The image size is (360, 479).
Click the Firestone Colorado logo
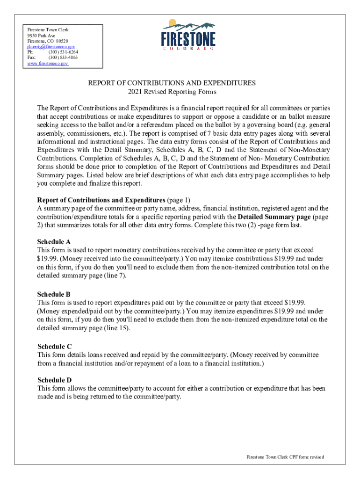click(x=188, y=35)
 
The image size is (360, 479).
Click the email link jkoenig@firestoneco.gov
click(x=51, y=47)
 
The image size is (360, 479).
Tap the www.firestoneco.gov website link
click(x=48, y=63)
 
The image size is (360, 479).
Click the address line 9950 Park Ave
click(x=41, y=36)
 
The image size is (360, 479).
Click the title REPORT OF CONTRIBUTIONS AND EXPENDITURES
click(x=172, y=83)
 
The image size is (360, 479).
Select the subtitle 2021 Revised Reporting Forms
click(x=172, y=91)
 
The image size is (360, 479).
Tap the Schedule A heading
click(x=54, y=242)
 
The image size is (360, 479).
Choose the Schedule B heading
click(x=54, y=294)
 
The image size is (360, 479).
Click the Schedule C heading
click(x=54, y=347)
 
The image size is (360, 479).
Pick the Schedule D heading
click(x=54, y=380)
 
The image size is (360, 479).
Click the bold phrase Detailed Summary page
click(x=274, y=217)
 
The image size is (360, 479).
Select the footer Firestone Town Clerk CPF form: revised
click(x=285, y=457)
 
